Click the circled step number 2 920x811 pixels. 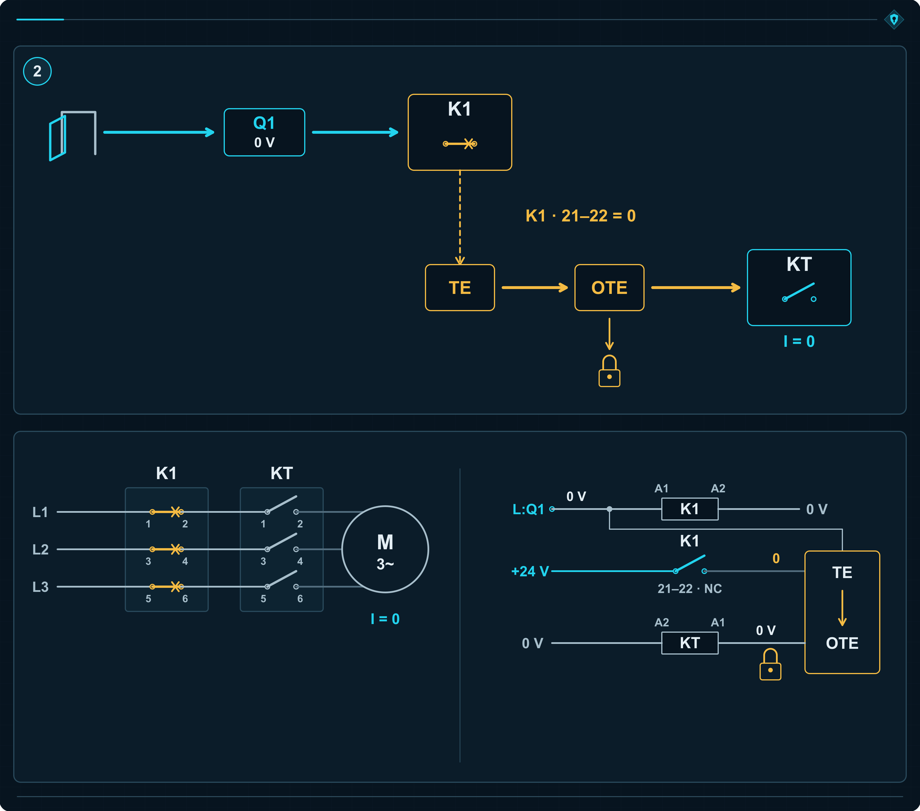coord(37,71)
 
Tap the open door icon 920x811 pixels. coord(72,135)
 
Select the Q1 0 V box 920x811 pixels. coord(264,132)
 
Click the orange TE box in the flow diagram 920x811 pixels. coord(459,287)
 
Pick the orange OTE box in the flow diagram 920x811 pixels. coord(609,287)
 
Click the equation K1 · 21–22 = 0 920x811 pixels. coord(581,216)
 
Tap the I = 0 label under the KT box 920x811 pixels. coord(799,341)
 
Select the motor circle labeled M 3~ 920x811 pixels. coord(385,549)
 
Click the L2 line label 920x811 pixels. coord(41,549)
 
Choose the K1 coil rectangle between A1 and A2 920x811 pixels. coord(689,509)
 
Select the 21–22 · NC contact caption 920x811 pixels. coord(689,588)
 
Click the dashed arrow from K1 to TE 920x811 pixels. coord(459,217)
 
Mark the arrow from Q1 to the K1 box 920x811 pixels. coord(355,132)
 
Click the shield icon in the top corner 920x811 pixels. coord(894,19)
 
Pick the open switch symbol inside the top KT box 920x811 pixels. coord(799,292)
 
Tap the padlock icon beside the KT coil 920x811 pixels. coord(770,664)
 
